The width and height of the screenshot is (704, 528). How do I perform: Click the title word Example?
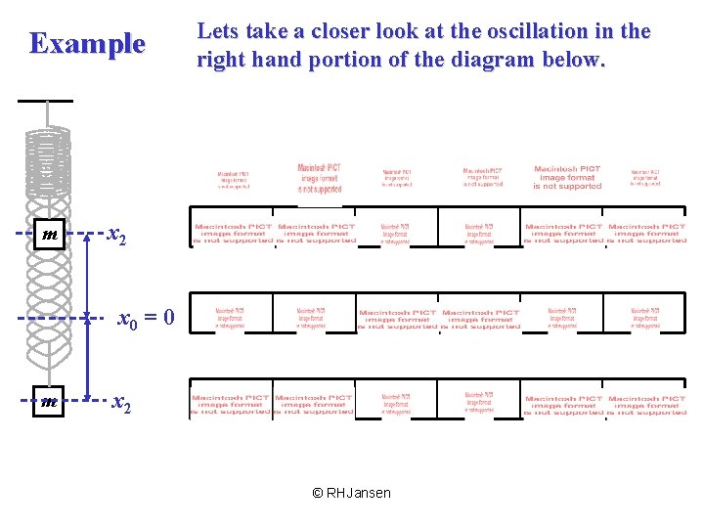point(87,44)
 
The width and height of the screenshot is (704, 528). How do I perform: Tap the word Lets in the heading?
point(218,31)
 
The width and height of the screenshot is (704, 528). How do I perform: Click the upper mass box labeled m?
point(49,236)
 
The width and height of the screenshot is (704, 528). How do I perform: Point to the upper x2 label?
point(116,236)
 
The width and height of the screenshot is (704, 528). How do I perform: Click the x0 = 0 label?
point(147,318)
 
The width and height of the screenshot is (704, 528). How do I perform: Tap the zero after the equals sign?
point(169,318)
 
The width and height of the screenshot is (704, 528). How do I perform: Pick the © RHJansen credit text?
point(351,493)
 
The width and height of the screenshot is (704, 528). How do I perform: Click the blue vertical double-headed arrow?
point(87,318)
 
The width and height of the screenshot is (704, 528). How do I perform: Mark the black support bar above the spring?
point(45,101)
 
